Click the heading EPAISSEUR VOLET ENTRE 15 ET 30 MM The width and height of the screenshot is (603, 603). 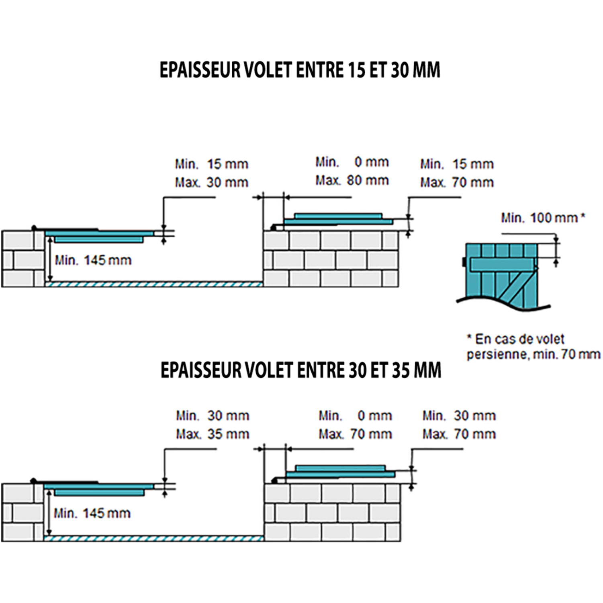(300, 70)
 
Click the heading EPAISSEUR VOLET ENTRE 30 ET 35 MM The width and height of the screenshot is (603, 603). (300, 370)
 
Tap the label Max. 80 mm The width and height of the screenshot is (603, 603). (352, 180)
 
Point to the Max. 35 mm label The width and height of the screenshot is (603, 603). (213, 434)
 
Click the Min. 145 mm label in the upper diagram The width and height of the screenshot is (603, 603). (93, 260)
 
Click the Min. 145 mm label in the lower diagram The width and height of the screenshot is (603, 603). (92, 513)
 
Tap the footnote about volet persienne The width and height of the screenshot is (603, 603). (533, 346)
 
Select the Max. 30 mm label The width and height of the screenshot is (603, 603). (211, 182)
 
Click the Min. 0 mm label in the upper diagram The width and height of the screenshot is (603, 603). (352, 162)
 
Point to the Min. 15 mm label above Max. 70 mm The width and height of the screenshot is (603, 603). (457, 164)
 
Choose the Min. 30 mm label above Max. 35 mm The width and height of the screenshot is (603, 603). (213, 415)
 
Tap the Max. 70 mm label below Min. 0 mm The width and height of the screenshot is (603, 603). (355, 434)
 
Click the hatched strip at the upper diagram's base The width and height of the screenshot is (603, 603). (153, 284)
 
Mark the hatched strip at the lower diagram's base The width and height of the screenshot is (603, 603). (153, 538)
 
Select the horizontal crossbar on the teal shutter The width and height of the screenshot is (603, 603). (502, 264)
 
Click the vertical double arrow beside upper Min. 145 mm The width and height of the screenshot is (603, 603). (50, 259)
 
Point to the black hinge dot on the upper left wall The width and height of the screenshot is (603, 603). (34, 228)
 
